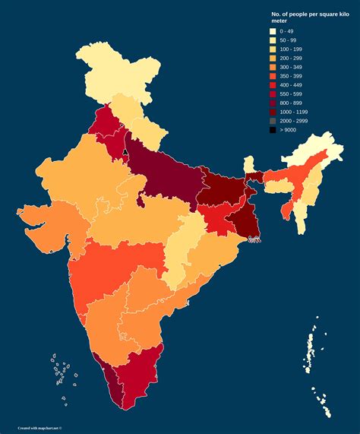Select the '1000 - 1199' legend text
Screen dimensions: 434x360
click(295, 112)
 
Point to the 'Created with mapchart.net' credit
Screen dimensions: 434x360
click(44, 428)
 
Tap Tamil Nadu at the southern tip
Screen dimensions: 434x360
click(137, 372)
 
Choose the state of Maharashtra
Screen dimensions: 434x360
click(114, 266)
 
